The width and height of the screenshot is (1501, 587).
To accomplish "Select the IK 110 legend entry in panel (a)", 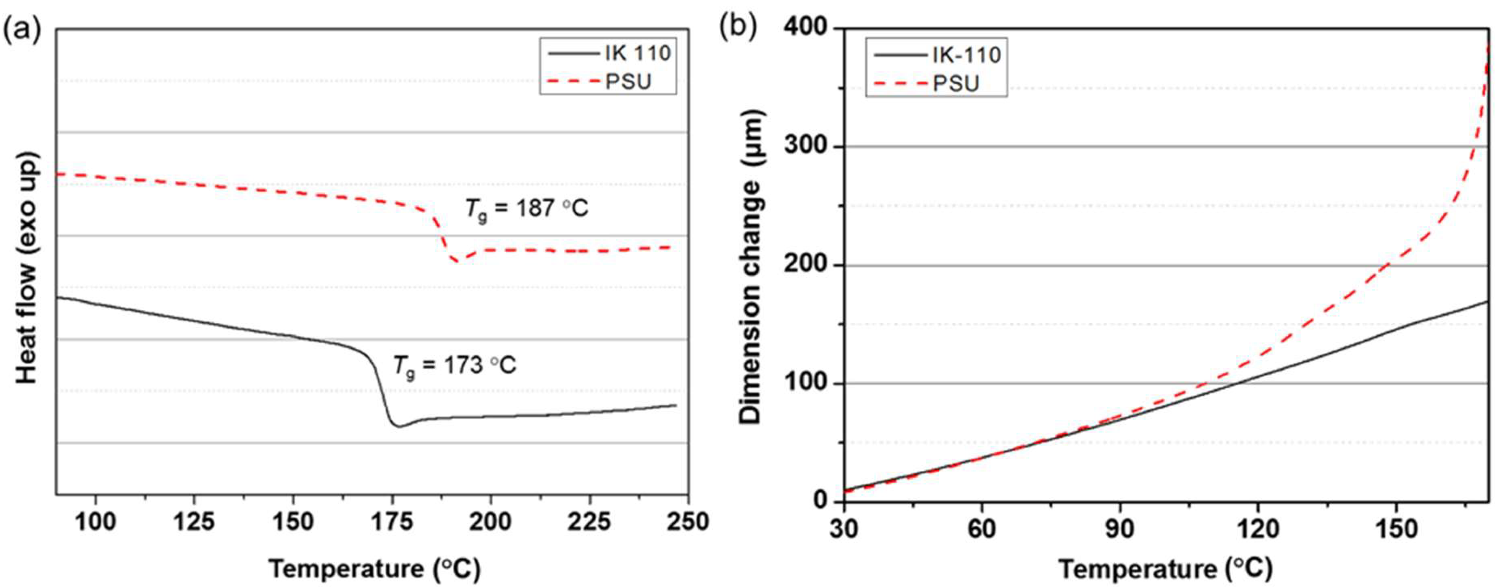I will (x=637, y=54).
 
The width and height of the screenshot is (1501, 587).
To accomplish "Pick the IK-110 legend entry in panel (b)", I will (x=966, y=55).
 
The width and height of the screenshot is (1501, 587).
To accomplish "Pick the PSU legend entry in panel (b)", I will (x=956, y=84).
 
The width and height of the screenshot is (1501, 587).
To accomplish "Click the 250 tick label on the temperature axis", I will (x=688, y=521).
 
